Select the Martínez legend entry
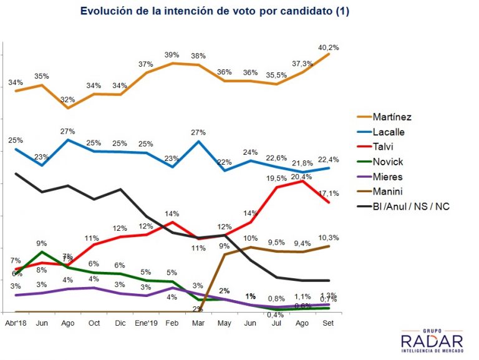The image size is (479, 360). point(391,117)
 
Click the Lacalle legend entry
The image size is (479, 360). point(388,132)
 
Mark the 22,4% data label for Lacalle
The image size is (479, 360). point(329,158)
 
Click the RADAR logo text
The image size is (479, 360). point(432,341)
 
